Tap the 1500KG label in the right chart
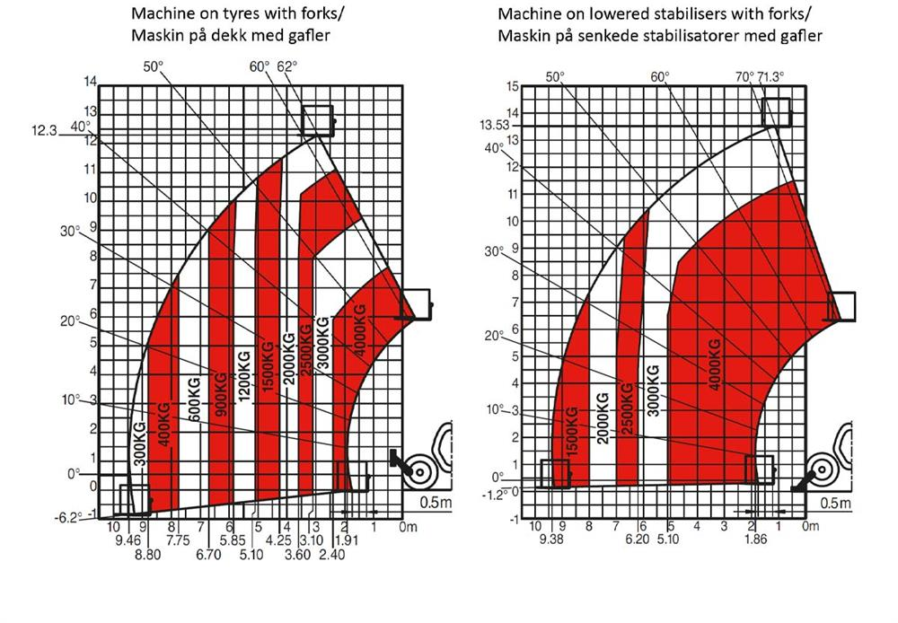pos(570,433)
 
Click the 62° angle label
pos(286,67)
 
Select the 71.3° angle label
pos(771,77)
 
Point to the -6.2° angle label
pos(68,516)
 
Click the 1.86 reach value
pos(757,540)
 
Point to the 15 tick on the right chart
pos(513,86)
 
